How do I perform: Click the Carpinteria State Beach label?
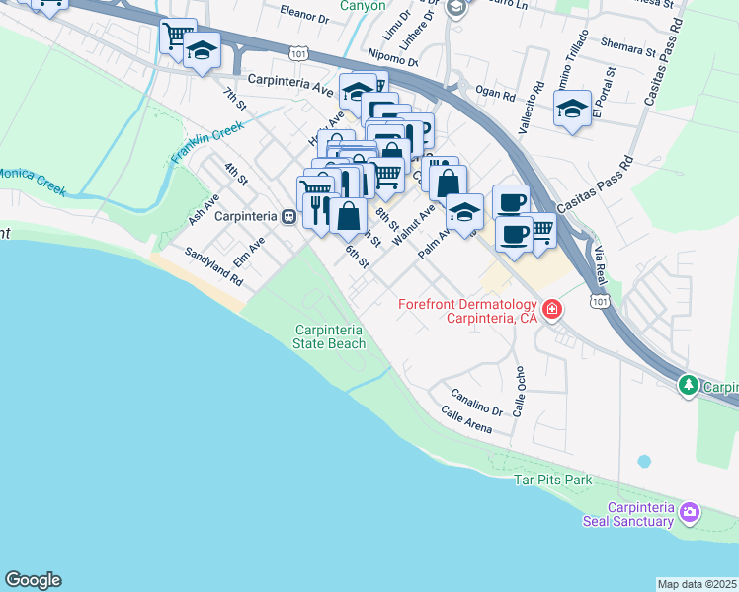[329, 336]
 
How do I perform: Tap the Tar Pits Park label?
[552, 480]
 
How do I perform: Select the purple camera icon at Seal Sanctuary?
[690, 513]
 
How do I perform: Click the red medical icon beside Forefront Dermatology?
[551, 311]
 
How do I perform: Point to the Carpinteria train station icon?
[287, 216]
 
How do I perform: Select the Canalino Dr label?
[479, 401]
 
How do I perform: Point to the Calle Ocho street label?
[520, 392]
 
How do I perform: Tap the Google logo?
[33, 580]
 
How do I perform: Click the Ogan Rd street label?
[495, 96]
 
